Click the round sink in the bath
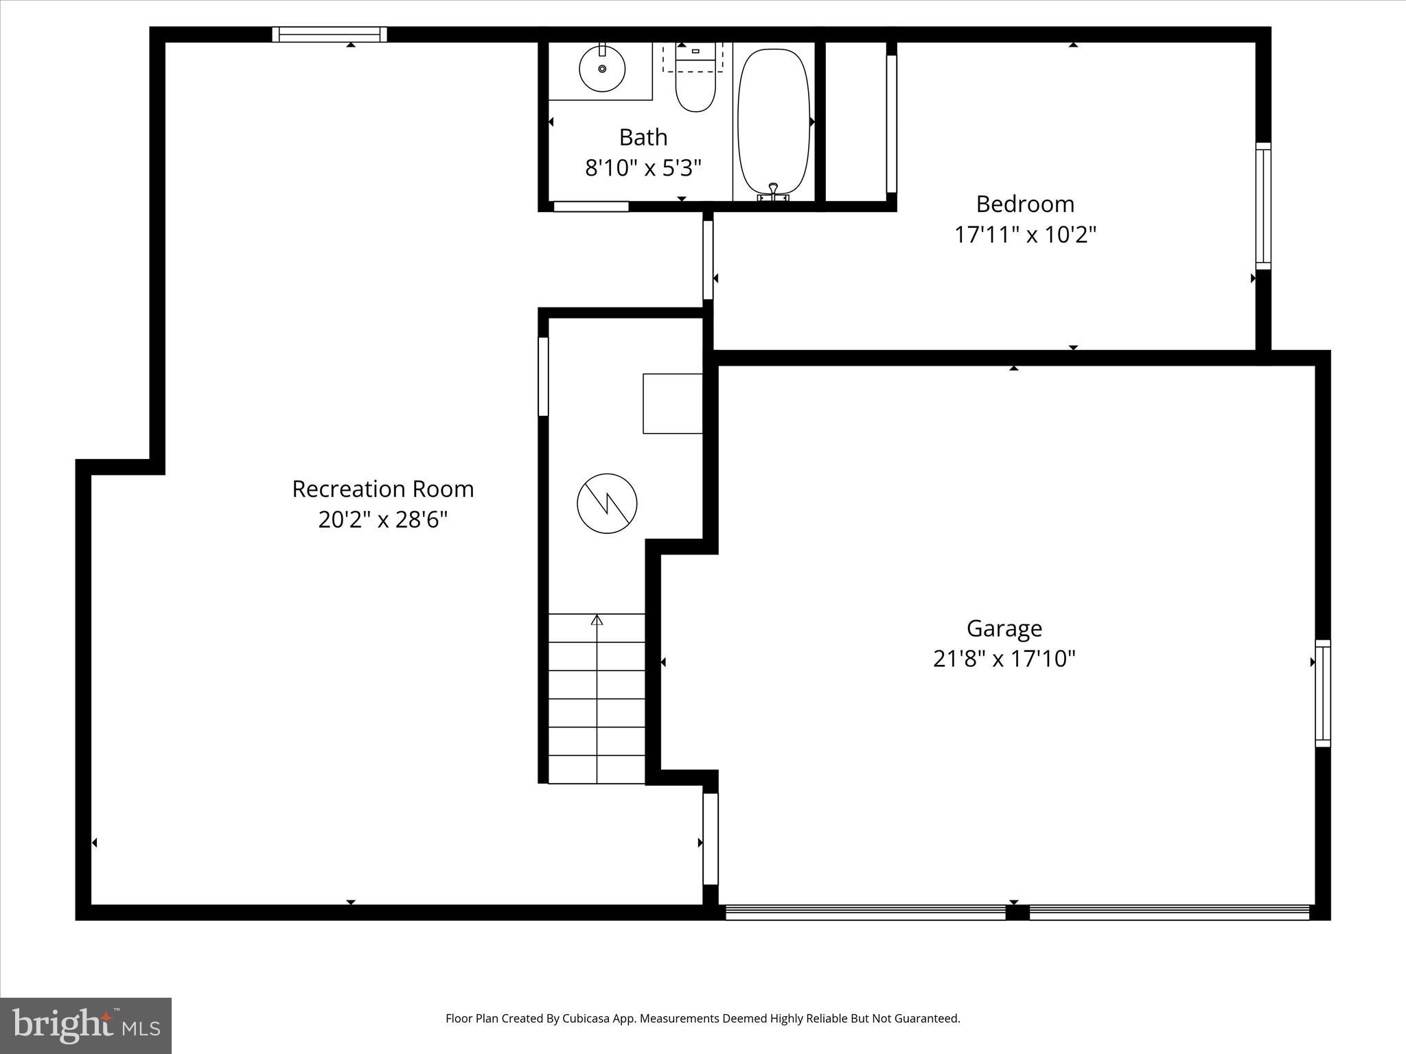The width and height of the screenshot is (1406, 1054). [x=602, y=69]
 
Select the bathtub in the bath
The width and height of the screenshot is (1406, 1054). [x=774, y=122]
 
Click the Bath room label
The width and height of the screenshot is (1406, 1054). [x=643, y=137]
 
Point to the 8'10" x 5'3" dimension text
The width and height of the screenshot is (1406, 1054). [x=643, y=167]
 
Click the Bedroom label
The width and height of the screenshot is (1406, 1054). [x=1024, y=204]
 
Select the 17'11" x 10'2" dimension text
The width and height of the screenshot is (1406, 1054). [x=1024, y=235]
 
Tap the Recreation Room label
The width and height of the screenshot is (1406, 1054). [x=382, y=489]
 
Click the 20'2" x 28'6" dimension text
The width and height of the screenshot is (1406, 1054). [x=382, y=519]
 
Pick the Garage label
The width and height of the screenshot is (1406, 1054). [x=1004, y=628]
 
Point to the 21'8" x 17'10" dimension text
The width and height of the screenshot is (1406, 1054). [x=1004, y=659]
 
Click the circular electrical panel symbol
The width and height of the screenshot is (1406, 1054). [x=607, y=503]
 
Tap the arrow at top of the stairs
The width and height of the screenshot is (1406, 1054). [x=597, y=620]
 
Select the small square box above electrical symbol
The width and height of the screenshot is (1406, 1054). [x=672, y=403]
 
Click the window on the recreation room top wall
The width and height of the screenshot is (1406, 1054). [x=329, y=34]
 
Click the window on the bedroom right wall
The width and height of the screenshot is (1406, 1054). [x=1263, y=206]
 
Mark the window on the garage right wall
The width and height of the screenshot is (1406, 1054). [x=1322, y=693]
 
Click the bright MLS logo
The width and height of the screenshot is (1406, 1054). [x=86, y=1025]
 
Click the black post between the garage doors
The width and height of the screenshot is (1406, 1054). [x=1017, y=913]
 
